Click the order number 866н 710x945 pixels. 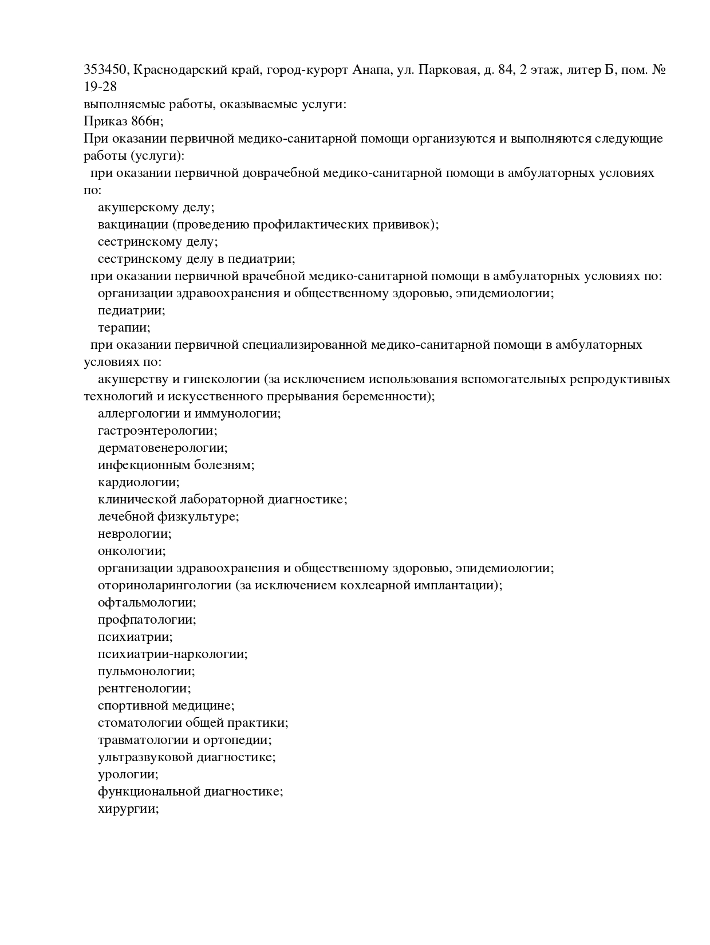tap(147, 121)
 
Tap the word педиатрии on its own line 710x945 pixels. tap(131, 310)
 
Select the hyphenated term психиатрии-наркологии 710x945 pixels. tap(172, 654)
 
